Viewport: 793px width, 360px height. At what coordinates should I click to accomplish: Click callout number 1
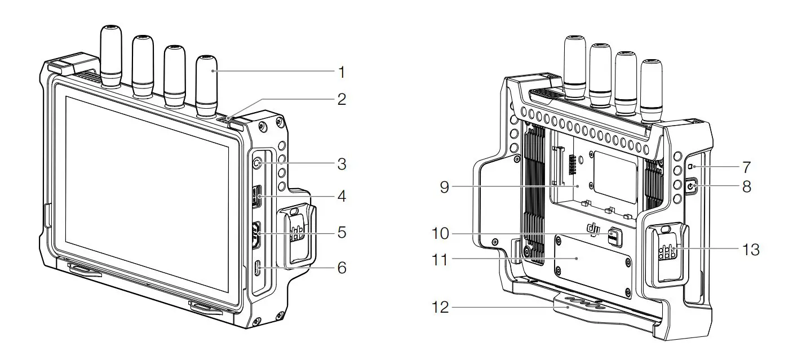click(x=340, y=72)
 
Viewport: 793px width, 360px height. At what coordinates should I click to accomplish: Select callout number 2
click(x=340, y=100)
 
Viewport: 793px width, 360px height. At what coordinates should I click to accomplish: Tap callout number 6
click(x=340, y=268)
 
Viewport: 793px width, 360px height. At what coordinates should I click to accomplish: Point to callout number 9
click(x=445, y=187)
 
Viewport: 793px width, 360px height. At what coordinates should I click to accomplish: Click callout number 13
click(x=751, y=248)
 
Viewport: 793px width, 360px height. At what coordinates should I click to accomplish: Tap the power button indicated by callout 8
click(x=692, y=186)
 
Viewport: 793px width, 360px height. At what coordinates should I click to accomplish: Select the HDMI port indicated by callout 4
click(x=257, y=198)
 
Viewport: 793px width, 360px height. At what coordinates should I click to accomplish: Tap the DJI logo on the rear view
click(x=592, y=228)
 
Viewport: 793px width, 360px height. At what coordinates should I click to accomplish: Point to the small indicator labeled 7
click(x=690, y=167)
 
